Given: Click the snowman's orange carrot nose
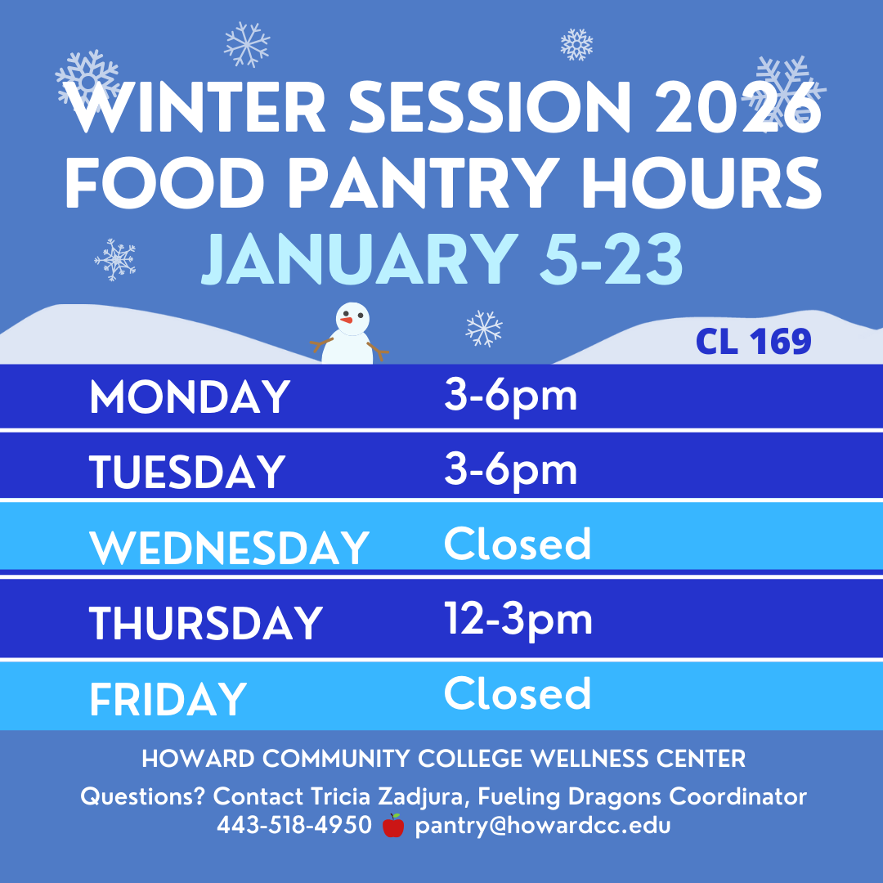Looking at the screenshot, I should pyautogui.click(x=348, y=321).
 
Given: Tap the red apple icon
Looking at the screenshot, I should pyautogui.click(x=393, y=826).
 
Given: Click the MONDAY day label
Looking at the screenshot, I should pyautogui.click(x=190, y=398).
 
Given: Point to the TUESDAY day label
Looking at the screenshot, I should pyautogui.click(x=187, y=473).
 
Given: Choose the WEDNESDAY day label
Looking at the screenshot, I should pyautogui.click(x=230, y=548).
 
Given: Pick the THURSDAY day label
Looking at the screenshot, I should pyautogui.click(x=206, y=623).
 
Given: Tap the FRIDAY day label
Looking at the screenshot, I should pyautogui.click(x=168, y=699).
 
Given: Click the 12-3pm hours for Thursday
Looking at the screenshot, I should pyautogui.click(x=518, y=620).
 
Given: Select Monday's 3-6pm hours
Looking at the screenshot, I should pyautogui.click(x=511, y=396).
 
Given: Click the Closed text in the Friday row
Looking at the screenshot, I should pyautogui.click(x=518, y=693).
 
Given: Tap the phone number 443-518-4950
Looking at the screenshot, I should pyautogui.click(x=294, y=826).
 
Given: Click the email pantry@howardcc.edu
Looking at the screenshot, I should pyautogui.click(x=543, y=826).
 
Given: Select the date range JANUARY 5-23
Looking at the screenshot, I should pyautogui.click(x=441, y=260).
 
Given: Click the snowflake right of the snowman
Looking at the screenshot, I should pyautogui.click(x=484, y=329).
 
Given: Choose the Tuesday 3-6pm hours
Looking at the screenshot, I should pyautogui.click(x=511, y=470).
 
